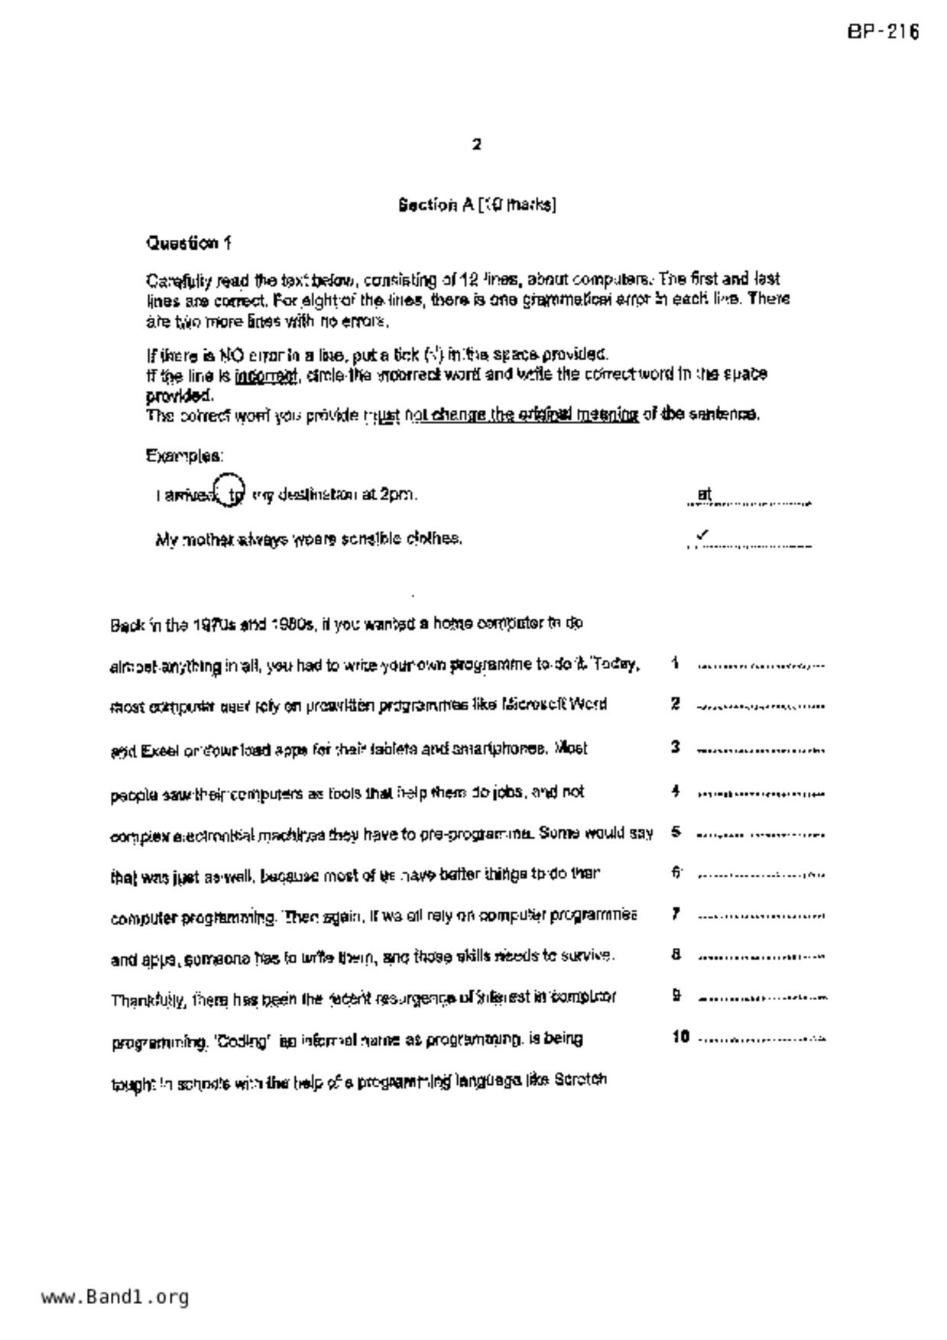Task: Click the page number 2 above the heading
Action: tap(477, 144)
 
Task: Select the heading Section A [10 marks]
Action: tap(477, 205)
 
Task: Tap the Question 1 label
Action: tap(189, 244)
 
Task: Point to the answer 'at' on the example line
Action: tap(704, 494)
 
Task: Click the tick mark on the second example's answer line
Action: tap(702, 536)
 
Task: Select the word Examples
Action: tap(184, 456)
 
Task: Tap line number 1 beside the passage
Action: tap(675, 663)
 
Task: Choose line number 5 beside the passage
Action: tap(676, 832)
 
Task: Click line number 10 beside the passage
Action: tap(680, 1037)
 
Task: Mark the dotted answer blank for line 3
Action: tap(761, 751)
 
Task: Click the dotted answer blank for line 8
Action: tap(761, 957)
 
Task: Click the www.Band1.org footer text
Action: tap(115, 1296)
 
